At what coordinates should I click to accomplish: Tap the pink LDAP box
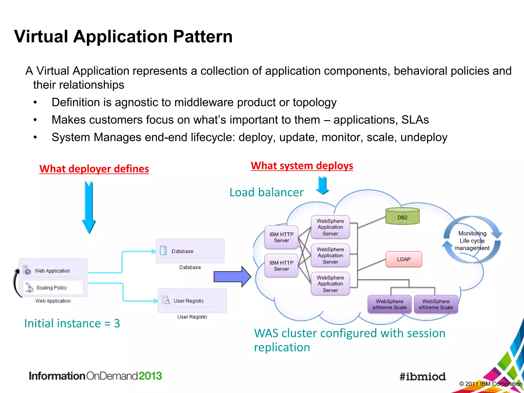coord(403,259)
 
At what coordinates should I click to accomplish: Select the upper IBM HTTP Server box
coord(281,237)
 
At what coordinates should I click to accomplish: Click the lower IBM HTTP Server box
coord(281,266)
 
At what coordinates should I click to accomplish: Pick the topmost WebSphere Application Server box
coord(330,227)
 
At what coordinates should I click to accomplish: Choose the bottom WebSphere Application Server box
coord(330,283)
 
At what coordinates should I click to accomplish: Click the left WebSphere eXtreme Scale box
coord(389,304)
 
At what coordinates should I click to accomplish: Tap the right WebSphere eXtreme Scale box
coord(436,304)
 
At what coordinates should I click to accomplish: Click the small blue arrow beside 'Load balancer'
coord(322,185)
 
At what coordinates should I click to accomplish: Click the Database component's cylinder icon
coord(163,250)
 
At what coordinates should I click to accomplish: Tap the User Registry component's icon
coord(166,300)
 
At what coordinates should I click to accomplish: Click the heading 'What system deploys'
coord(302,166)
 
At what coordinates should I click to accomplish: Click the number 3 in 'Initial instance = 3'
coord(117,323)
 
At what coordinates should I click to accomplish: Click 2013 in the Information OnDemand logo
coord(150,376)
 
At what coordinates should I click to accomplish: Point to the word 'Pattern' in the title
coord(203,36)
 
